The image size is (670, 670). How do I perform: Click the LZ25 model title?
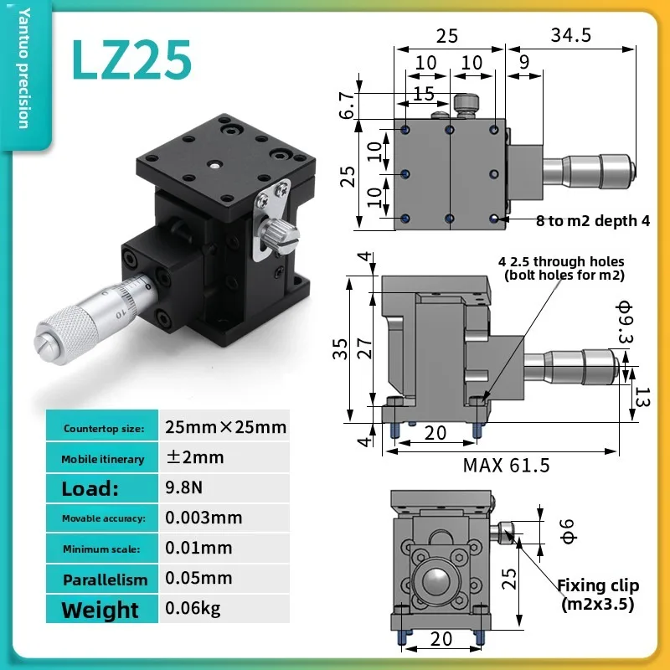[x=131, y=59]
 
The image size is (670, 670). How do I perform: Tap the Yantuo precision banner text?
[x=25, y=68]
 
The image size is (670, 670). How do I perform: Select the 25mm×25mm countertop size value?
[x=225, y=427]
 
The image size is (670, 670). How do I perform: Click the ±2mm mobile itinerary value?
[x=195, y=456]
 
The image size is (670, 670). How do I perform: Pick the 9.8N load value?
[x=183, y=487]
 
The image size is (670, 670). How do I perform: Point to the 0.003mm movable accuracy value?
[x=204, y=518]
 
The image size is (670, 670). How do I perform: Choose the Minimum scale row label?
[x=101, y=549]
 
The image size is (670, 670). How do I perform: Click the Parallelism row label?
[x=106, y=580]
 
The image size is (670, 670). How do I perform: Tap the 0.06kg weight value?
[x=193, y=608]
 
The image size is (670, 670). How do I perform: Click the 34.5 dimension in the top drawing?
[x=571, y=35]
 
